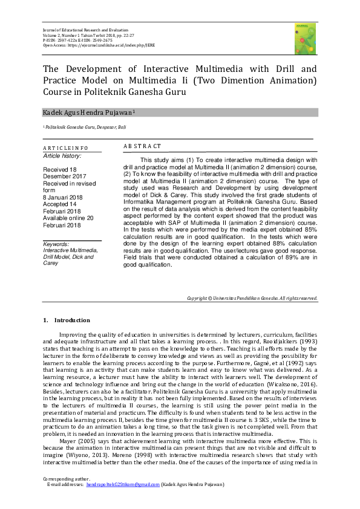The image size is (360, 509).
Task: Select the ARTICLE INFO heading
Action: point(65,148)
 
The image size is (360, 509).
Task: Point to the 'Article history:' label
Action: point(62,155)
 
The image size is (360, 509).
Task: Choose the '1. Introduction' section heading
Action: point(67,320)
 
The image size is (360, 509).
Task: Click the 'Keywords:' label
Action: point(57,244)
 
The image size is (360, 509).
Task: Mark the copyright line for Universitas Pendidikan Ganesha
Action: point(252,298)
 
